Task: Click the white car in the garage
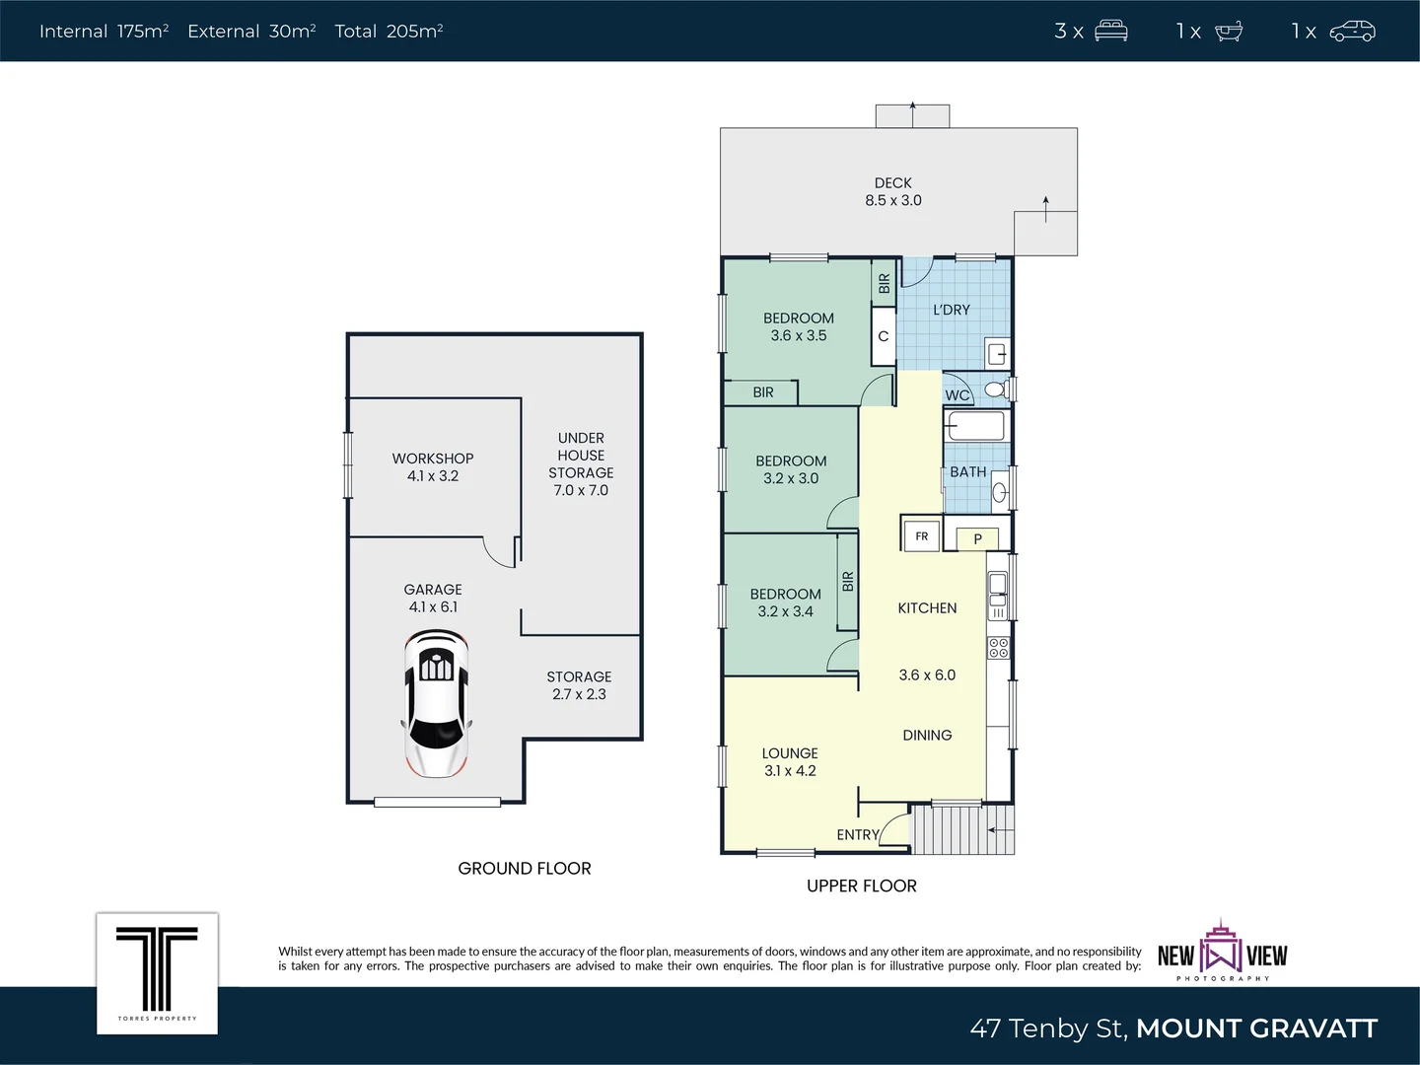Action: [435, 703]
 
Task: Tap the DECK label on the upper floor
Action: [892, 183]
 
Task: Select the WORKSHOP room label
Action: [433, 459]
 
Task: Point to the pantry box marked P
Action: [977, 538]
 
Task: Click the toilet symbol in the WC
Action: [996, 390]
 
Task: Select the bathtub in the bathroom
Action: [975, 426]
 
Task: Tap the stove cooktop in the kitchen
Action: [998, 647]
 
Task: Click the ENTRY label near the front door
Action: [857, 834]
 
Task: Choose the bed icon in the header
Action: [1111, 32]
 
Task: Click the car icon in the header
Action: [1352, 32]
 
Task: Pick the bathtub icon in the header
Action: [1229, 32]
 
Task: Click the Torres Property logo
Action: [157, 972]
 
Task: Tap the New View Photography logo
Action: [1223, 953]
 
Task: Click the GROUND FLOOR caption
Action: [525, 868]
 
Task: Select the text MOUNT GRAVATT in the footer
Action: [1256, 1029]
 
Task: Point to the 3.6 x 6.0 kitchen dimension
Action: [927, 675]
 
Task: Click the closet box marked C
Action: [883, 336]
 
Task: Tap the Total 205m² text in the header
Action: [389, 32]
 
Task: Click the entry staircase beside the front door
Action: [961, 829]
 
